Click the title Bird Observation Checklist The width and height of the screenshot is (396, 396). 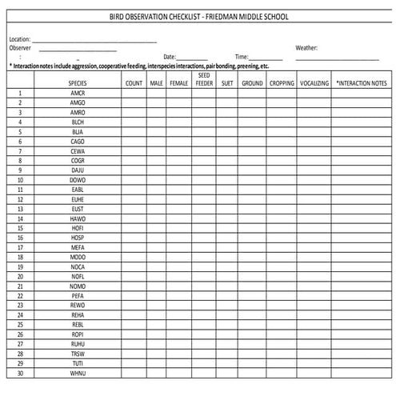(199, 17)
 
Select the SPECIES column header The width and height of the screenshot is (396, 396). (78, 82)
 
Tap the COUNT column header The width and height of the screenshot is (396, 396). (134, 82)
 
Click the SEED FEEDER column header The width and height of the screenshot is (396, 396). (204, 78)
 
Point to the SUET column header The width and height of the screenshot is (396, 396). (227, 82)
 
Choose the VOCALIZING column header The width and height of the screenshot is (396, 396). (314, 82)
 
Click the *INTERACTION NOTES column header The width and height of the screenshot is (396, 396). (361, 82)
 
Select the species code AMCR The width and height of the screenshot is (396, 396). (78, 93)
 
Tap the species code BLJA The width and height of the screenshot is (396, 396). (78, 131)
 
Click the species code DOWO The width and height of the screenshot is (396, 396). (78, 179)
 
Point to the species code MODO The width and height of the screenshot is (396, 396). (78, 257)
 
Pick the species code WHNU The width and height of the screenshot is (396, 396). (78, 373)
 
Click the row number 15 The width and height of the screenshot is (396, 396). (20, 228)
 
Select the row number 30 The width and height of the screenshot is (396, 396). (20, 373)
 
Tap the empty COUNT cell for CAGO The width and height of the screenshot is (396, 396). (134, 141)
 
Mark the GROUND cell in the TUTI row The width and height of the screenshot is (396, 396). (252, 363)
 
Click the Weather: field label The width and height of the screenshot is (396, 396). (306, 47)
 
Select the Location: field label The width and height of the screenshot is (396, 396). (19, 38)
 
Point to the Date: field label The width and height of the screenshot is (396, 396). (169, 57)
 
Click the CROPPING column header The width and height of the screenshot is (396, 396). (282, 82)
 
